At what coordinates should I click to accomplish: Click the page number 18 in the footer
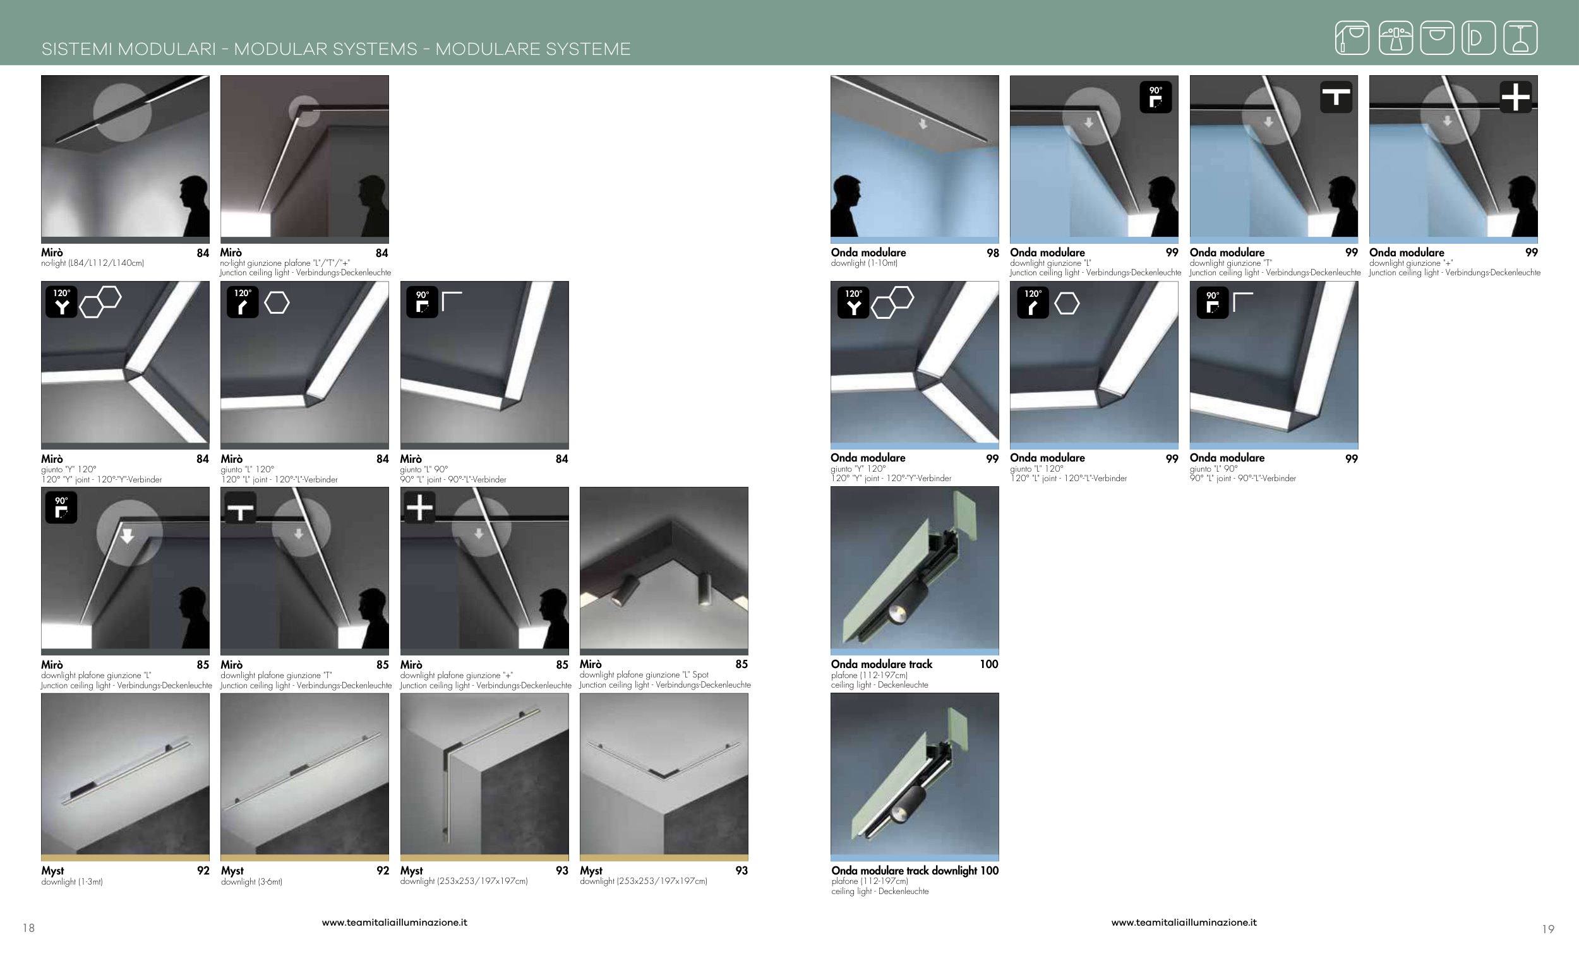pos(29,928)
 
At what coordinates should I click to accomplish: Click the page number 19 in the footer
pos(1548,929)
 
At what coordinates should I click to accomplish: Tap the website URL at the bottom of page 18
pos(395,922)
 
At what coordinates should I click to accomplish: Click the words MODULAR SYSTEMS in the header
pos(325,49)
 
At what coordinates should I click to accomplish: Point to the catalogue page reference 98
pos(993,253)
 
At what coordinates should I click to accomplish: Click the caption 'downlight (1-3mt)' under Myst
pos(72,882)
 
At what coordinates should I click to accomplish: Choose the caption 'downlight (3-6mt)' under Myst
pos(251,882)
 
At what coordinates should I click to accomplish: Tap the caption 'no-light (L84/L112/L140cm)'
pos(92,263)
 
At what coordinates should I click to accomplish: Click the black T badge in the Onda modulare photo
pos(1336,97)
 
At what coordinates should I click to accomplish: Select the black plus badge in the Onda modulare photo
pos(1516,97)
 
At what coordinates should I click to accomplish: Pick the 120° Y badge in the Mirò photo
pos(61,302)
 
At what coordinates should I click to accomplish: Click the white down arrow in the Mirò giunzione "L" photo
pos(128,535)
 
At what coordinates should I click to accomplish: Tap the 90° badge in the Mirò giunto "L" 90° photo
pos(423,302)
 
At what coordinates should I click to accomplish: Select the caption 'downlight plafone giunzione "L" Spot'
pos(644,674)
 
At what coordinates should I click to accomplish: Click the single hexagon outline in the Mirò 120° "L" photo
pos(277,302)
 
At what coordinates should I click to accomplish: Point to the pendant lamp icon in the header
pos(1521,37)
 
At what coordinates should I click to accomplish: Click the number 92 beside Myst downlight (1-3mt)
pos(203,871)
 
